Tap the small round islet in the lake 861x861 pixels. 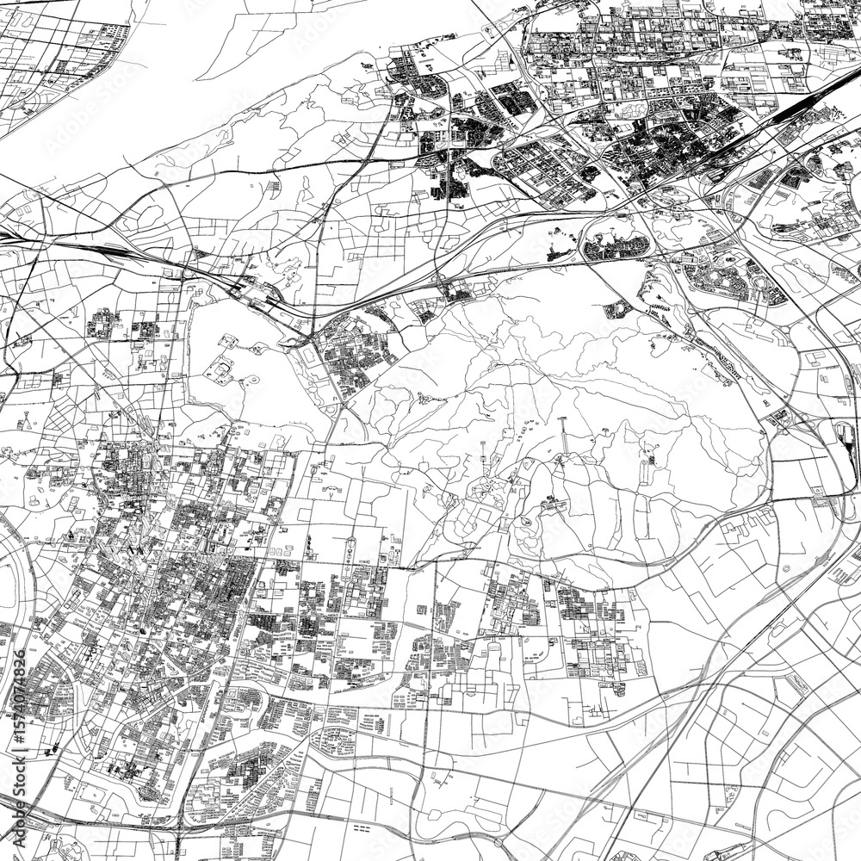[x=257, y=350]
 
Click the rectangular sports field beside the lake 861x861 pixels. [x=307, y=355]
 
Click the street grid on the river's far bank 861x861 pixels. [x=52, y=60]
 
